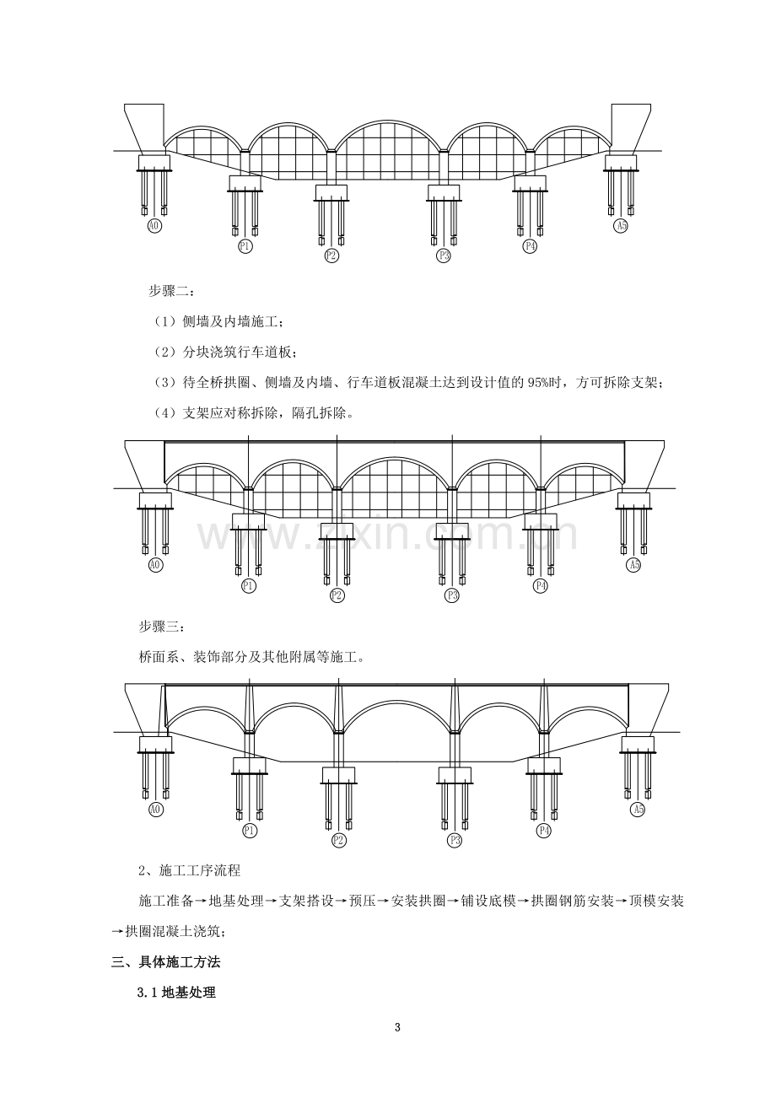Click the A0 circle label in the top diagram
154,225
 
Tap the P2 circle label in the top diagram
331,256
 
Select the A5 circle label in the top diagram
621,225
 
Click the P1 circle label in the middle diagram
249,586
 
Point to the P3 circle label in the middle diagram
451,595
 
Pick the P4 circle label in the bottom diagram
544,831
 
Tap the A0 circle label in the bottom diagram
155,810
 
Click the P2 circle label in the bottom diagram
339,841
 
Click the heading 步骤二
171,291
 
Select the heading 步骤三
161,627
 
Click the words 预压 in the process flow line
362,901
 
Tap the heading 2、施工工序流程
190,870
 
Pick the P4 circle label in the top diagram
530,246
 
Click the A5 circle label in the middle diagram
633,565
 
